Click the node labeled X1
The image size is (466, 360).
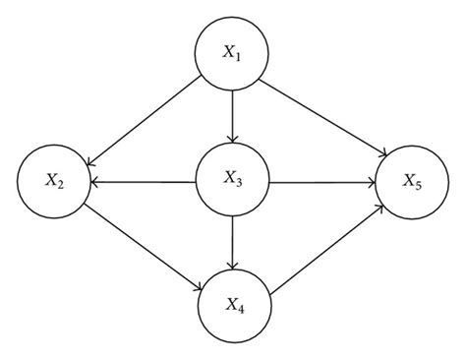click(231, 55)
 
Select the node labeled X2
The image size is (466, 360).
click(54, 182)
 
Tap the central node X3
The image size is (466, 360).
click(232, 182)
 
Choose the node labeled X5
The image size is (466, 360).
click(410, 182)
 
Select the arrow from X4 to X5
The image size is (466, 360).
click(324, 246)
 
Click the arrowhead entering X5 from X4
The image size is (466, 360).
click(379, 209)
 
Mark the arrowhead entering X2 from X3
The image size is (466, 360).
click(97, 182)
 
